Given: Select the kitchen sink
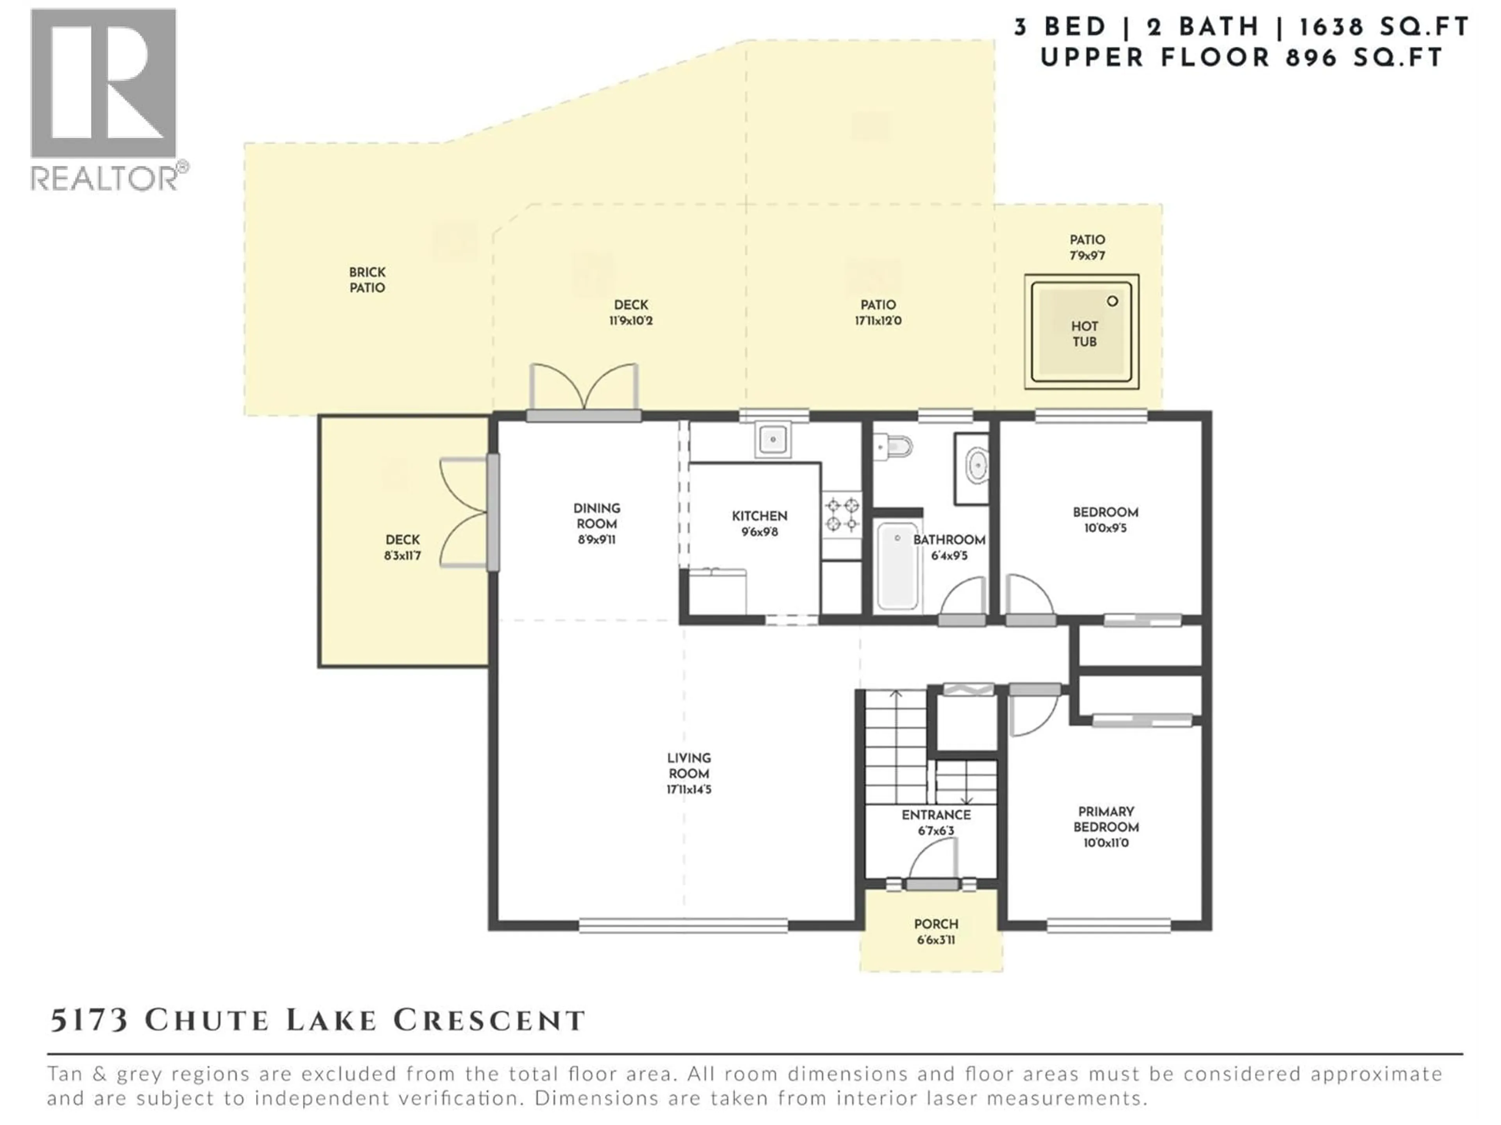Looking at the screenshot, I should click(x=772, y=439).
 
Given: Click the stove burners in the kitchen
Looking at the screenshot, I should click(x=842, y=514).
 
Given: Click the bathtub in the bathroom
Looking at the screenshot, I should click(x=897, y=566).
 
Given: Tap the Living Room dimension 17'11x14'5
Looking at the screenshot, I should click(x=689, y=789).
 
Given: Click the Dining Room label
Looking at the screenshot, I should click(x=596, y=515).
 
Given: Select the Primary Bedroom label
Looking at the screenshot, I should click(x=1105, y=819).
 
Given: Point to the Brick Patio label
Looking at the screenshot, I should click(x=367, y=279).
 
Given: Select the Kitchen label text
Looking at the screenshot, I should click(x=759, y=516).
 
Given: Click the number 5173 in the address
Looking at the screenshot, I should click(x=89, y=1020).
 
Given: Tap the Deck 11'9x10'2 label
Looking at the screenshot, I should click(x=630, y=312).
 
